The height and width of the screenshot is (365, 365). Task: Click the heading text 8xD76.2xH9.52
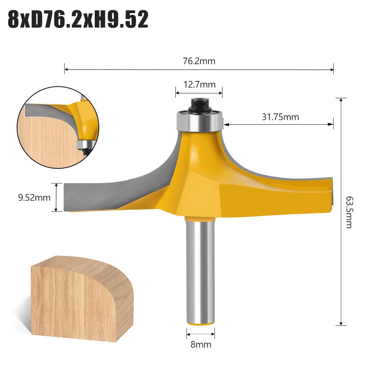pyautogui.click(x=78, y=19)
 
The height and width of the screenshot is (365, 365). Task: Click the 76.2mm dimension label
pyautogui.click(x=199, y=61)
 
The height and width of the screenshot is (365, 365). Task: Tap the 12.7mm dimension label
pyautogui.click(x=199, y=85)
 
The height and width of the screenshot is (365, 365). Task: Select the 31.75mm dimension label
pyautogui.click(x=280, y=117)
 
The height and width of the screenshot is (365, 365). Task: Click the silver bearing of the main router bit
pyautogui.click(x=199, y=121)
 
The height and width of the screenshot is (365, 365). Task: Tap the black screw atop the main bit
pyautogui.click(x=199, y=104)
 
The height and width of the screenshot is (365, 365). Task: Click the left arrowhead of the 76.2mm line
pyautogui.click(x=66, y=69)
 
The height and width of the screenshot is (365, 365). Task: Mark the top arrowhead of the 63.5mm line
pyautogui.click(x=341, y=100)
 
